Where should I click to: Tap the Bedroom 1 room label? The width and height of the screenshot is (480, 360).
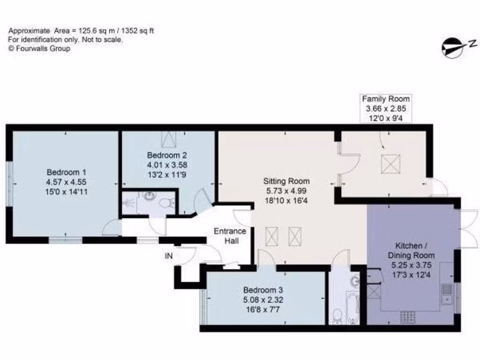tap(66, 172)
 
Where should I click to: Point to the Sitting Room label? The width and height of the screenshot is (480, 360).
tap(286, 181)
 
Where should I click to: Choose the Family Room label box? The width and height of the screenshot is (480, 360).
tap(386, 108)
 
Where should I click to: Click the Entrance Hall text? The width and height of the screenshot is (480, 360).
tap(230, 236)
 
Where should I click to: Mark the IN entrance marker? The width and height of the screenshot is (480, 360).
tap(168, 256)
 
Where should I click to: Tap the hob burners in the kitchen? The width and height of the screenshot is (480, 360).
tap(406, 317)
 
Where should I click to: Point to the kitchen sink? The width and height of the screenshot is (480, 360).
tap(447, 292)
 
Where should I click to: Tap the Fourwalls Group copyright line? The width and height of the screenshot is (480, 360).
tap(39, 48)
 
